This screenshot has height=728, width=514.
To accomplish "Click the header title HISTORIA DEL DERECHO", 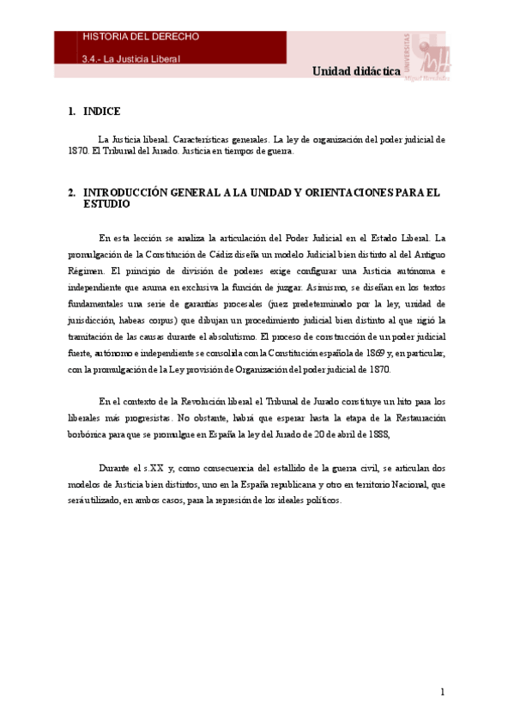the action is pos(142,37).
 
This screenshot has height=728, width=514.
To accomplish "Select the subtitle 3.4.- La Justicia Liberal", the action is pos(131,59).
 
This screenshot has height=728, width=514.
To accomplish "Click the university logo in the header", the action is pos(426,58).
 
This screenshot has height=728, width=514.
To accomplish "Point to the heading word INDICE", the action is pos(102,112).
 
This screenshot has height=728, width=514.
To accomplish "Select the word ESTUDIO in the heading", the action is pos(106,204).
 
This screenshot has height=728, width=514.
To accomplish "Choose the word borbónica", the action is pos(91,434).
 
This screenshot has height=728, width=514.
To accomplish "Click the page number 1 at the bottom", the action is pos(442,692).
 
